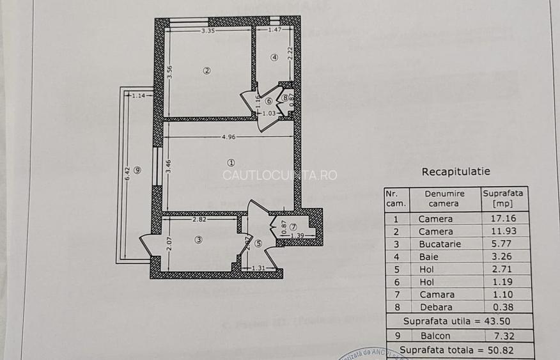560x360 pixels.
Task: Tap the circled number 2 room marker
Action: [x=206, y=71]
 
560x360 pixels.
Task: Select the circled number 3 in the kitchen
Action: [x=199, y=240]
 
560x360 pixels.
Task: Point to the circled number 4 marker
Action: [x=274, y=57]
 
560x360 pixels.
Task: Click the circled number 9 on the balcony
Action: [x=137, y=169]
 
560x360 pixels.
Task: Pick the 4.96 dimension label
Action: [x=229, y=136]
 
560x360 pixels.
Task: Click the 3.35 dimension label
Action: [x=208, y=30]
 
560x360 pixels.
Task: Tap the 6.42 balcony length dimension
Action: [x=127, y=173]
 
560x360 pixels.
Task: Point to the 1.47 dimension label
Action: [x=275, y=30]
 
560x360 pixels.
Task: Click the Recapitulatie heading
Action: [x=456, y=171]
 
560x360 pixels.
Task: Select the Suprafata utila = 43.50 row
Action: [x=456, y=321]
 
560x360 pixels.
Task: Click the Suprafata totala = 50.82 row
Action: [x=456, y=349]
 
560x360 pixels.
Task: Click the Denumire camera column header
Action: [x=444, y=198]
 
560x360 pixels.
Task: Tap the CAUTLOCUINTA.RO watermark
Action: [x=279, y=175]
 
